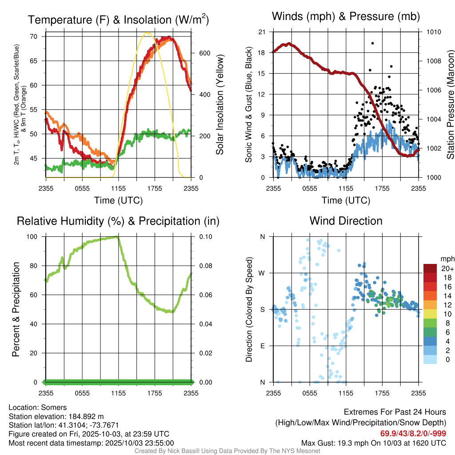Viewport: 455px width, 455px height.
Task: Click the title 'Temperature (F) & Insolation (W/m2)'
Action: pyautogui.click(x=118, y=20)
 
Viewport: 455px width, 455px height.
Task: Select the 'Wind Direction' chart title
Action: pyautogui.click(x=346, y=221)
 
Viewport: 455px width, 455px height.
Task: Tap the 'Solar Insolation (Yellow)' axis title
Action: pyautogui.click(x=220, y=105)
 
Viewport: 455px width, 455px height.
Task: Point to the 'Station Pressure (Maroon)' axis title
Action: pyautogui.click(x=450, y=105)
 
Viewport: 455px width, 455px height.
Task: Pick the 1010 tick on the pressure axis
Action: pyautogui.click(x=433, y=32)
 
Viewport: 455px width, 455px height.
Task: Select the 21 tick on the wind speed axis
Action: pyautogui.click(x=262, y=32)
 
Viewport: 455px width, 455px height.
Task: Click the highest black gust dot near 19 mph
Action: pyautogui.click(x=372, y=43)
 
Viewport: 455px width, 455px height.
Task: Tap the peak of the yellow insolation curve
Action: pyautogui.click(x=147, y=33)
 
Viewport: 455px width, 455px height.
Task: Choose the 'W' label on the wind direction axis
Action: pyautogui.click(x=262, y=273)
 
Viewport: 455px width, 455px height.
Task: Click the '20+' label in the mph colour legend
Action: pyautogui.click(x=447, y=268)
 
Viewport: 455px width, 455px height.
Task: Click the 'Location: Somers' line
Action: pyautogui.click(x=37, y=407)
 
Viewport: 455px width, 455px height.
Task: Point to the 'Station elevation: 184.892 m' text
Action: pyautogui.click(x=56, y=416)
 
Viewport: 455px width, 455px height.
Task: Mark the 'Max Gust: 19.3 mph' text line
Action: pyautogui.click(x=374, y=443)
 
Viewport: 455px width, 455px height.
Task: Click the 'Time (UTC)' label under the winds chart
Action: pyautogui.click(x=346, y=200)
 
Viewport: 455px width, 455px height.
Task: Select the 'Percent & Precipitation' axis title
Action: pyautogui.click(x=16, y=309)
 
